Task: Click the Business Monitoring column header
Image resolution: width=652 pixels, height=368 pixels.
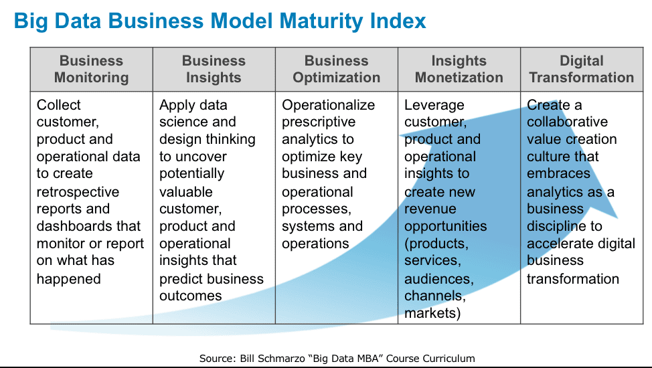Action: coord(92,69)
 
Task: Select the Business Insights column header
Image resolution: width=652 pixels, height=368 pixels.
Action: coord(214,69)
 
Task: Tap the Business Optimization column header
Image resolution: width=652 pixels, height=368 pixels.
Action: coord(337,69)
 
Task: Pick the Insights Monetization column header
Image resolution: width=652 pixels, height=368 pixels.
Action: coord(459,69)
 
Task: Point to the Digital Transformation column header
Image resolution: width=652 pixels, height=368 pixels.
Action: coord(581,69)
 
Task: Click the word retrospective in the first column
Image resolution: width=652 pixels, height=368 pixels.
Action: coord(78,192)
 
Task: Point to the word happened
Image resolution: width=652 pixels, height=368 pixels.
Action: coord(68,279)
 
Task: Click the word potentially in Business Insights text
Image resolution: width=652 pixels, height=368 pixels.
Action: coord(191,174)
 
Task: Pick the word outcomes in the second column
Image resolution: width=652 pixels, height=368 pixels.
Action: coord(190,296)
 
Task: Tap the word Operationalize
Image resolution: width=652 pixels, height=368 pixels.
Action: coord(329,105)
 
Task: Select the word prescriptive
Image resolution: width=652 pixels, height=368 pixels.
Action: coord(319,122)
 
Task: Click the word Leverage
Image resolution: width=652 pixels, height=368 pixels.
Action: coord(434,106)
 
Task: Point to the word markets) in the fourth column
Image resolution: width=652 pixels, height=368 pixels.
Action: coord(432,313)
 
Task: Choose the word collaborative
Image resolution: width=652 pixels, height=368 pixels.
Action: coord(567,122)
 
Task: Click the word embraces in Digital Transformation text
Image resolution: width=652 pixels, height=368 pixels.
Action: coord(558,173)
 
